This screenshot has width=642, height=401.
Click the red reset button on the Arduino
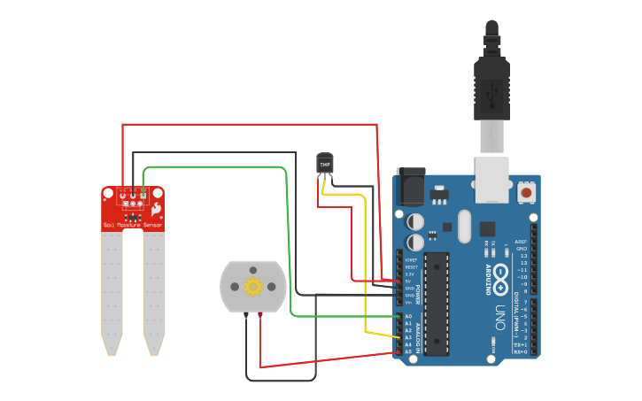point(526,191)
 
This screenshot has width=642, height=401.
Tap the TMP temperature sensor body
point(325,164)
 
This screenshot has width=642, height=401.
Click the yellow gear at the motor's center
point(253,286)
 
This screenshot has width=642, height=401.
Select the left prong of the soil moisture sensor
point(112,292)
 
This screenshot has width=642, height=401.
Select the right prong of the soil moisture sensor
point(154,292)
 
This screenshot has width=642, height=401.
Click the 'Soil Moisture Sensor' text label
point(133,226)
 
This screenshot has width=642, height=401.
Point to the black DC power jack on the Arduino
point(410,188)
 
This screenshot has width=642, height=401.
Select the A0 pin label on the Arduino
point(409,316)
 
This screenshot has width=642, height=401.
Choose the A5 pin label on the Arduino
point(409,351)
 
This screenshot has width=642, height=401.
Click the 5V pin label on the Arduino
point(409,281)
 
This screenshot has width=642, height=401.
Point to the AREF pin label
point(522,241)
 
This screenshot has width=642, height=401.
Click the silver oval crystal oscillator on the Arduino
point(464,226)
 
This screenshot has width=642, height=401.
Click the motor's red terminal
point(259,314)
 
